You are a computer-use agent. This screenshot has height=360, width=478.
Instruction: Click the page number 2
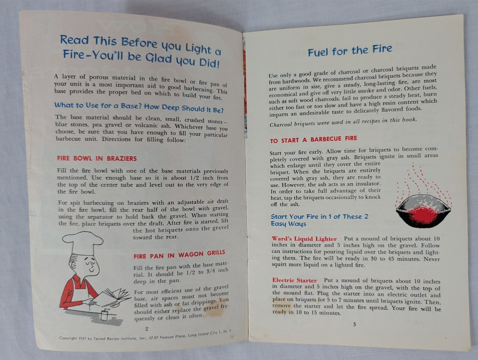point(147,329)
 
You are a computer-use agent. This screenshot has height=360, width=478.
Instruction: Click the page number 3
point(354,324)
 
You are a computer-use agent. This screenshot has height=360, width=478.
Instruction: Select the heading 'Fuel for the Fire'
point(350,50)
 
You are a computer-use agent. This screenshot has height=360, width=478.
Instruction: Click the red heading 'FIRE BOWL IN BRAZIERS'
point(97,158)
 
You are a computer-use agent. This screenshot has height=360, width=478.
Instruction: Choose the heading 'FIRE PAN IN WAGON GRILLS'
point(179,254)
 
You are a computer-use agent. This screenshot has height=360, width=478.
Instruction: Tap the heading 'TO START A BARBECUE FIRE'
point(313,139)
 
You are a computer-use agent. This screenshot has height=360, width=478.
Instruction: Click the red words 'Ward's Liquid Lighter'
point(304,239)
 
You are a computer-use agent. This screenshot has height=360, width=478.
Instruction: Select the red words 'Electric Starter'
point(295,280)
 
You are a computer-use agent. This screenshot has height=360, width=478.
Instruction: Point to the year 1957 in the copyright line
point(82,338)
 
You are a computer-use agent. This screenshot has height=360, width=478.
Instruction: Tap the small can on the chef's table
point(104,315)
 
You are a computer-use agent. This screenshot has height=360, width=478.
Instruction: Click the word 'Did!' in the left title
point(209,63)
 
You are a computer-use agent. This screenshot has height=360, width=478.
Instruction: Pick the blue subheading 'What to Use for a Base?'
point(98,106)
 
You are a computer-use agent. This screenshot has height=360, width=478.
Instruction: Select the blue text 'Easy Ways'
point(289,224)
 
